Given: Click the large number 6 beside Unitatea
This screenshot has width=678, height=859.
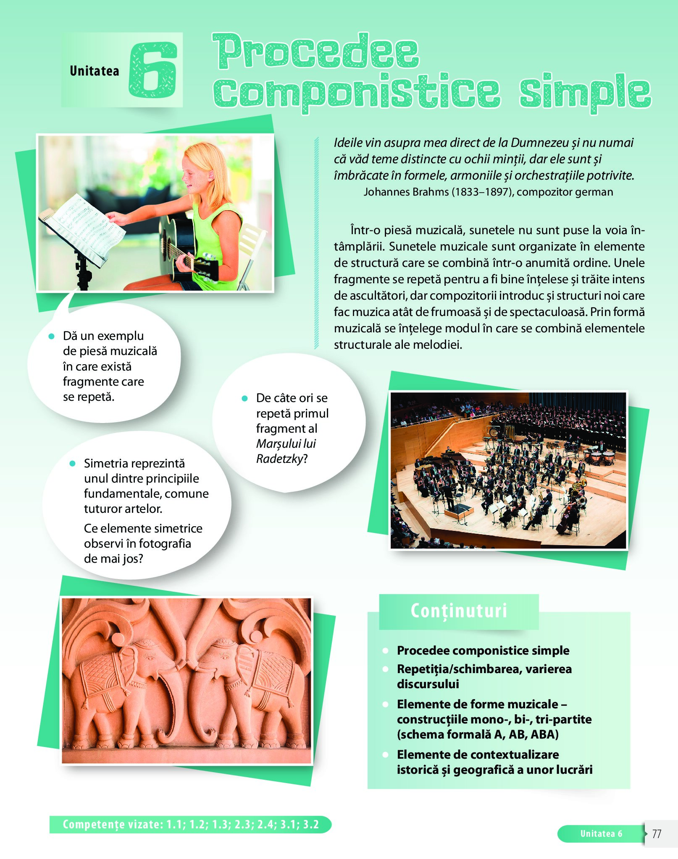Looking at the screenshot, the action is tap(152, 70).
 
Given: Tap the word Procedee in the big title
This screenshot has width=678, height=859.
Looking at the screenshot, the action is tap(316, 51).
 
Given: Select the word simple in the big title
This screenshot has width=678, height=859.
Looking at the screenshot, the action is tap(585, 92).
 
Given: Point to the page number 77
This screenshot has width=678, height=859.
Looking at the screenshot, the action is tap(657, 833).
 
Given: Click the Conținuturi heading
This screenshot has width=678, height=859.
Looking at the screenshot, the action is tap(459, 611).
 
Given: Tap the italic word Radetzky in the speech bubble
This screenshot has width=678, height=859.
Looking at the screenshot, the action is tap(279, 459).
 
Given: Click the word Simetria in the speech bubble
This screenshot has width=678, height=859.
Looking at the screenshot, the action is tap(108, 463).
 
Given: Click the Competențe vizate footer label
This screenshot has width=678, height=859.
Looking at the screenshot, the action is tap(191, 825).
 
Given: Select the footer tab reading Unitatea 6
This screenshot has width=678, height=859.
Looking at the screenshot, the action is tap(601, 834).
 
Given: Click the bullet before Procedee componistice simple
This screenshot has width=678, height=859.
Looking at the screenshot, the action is tap(385, 651).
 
